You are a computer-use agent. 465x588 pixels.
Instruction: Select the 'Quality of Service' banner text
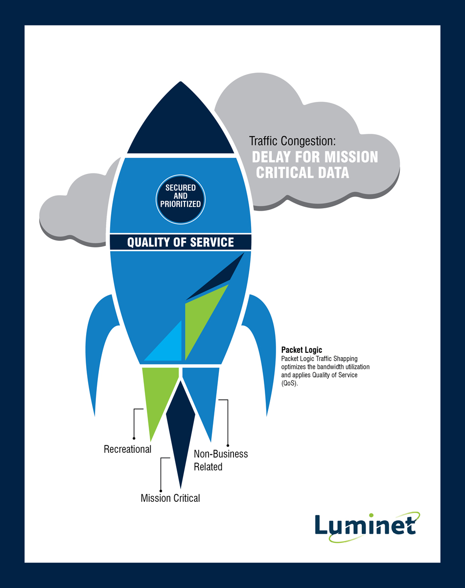pos(181,242)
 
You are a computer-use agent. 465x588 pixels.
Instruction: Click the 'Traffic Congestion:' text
pos(293,141)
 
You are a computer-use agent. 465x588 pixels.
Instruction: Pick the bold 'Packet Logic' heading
pos(302,350)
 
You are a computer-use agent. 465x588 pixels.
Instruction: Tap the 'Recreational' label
pos(127,449)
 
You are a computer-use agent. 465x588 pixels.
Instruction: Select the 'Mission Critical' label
pos(170,498)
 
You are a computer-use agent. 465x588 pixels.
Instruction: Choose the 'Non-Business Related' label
pos(220,460)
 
